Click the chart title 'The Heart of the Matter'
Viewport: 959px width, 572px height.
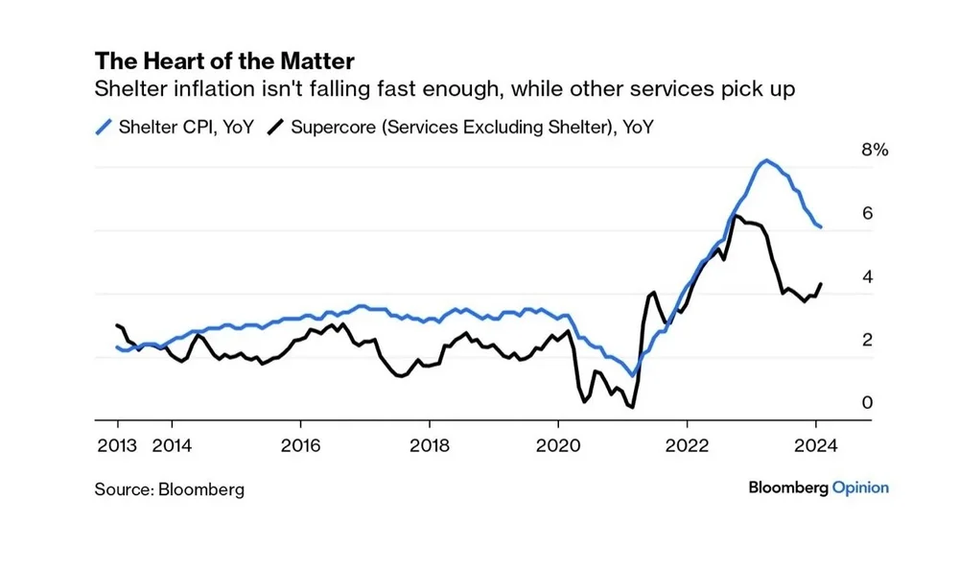[x=224, y=61]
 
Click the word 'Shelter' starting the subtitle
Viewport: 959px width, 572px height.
[x=125, y=90]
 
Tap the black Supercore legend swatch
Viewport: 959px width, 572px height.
[x=277, y=126]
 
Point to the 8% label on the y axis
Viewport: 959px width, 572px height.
[x=876, y=151]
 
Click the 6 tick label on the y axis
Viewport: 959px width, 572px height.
[x=867, y=213]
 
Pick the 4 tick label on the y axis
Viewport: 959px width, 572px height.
[x=867, y=276]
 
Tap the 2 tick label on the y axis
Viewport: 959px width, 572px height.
[x=867, y=340]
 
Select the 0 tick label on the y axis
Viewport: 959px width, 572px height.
[x=867, y=403]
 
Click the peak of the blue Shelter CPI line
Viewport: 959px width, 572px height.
[x=764, y=160]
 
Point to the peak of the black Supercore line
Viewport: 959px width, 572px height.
[x=734, y=215]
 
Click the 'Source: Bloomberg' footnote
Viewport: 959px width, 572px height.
[x=169, y=489]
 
